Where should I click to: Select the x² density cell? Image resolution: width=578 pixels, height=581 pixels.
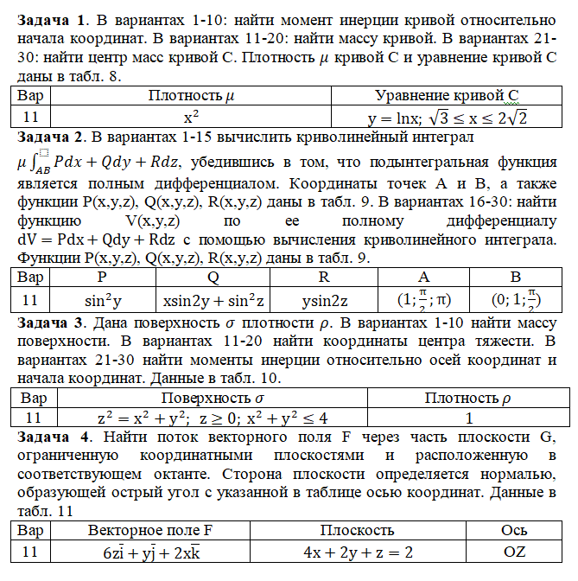193,116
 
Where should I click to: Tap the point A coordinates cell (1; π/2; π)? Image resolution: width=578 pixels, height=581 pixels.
423,300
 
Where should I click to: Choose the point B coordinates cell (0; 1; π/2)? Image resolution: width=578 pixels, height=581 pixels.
515,300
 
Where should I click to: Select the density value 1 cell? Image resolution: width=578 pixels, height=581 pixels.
467,417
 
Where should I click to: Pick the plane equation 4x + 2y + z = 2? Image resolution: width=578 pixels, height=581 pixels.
358,552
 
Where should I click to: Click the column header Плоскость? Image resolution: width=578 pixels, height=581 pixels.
358,529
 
